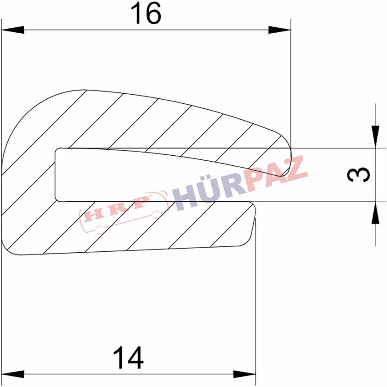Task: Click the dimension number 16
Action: tap(146, 14)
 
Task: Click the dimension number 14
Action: tap(128, 357)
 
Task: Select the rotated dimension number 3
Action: tap(359, 174)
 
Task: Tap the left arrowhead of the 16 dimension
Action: tap(13, 30)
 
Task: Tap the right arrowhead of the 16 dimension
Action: tap(280, 30)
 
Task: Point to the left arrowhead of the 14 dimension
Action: tap(13, 374)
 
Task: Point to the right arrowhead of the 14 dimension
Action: tap(244, 374)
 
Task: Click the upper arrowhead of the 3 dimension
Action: tap(376, 137)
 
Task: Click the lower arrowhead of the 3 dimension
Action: tap(376, 213)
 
